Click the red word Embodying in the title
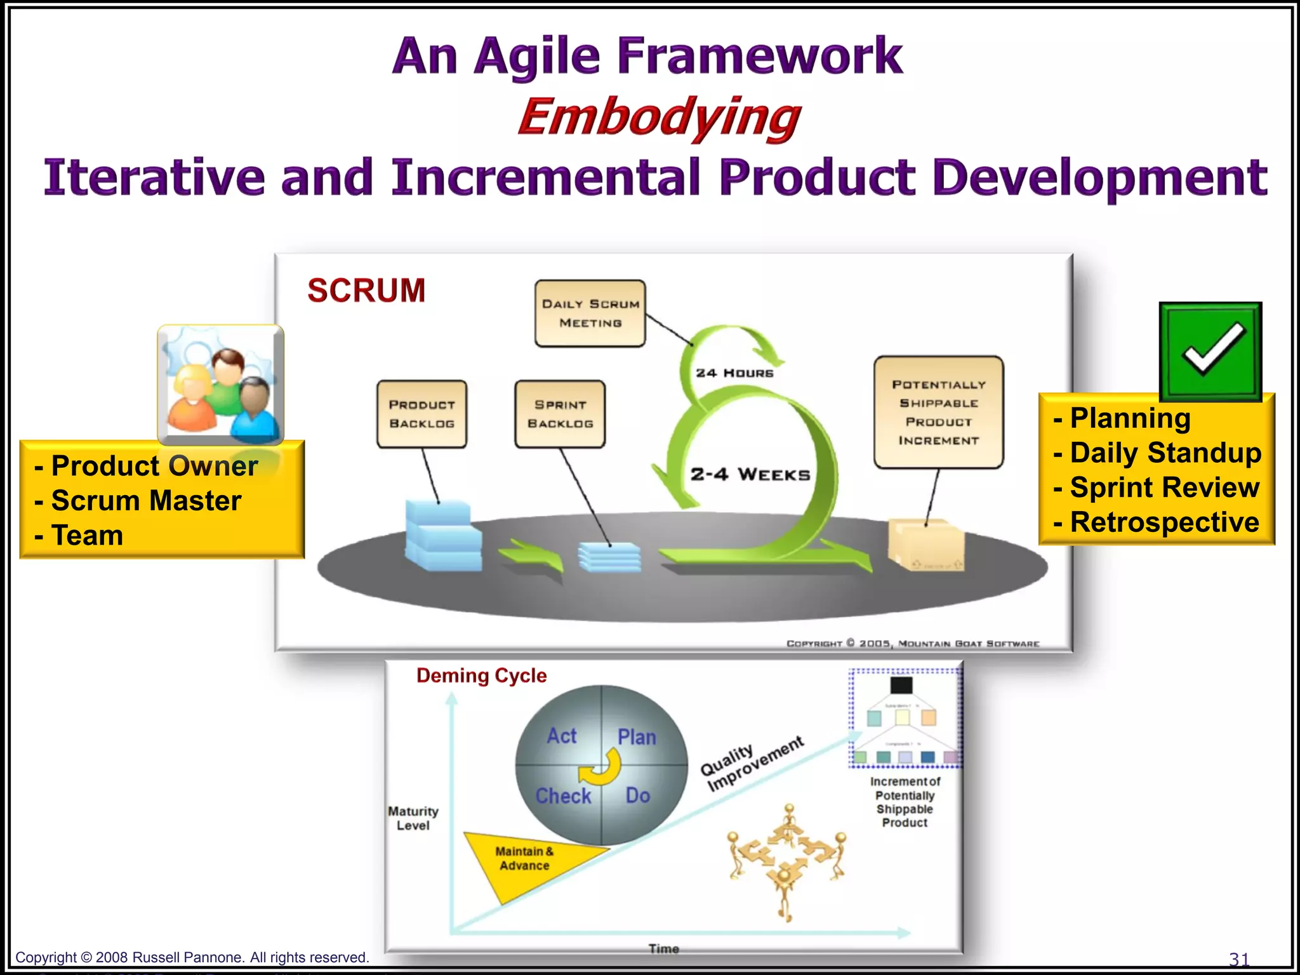[659, 117]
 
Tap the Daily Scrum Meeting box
[590, 314]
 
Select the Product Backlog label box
[421, 414]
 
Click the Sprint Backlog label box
[560, 414]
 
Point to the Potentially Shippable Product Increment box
[938, 413]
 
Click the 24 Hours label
[734, 373]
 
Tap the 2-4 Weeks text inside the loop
[750, 475]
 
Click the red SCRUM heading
[366, 291]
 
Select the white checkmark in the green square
[1211, 349]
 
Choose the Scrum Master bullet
[146, 501]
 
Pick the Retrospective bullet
[1164, 522]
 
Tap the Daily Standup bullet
[1165, 453]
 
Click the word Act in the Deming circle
[562, 736]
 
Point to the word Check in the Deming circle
[563, 796]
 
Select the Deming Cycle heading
[481, 675]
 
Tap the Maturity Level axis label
[413, 818]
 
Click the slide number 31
[1239, 958]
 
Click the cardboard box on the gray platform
[926, 545]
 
